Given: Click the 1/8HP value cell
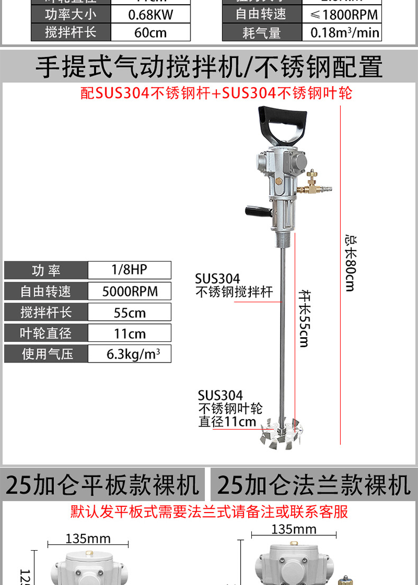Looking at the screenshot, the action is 129,270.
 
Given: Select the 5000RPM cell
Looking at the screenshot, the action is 129,291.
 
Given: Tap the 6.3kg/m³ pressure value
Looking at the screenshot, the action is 129,354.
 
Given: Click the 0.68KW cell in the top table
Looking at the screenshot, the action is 150,14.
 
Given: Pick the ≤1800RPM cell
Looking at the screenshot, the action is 341,14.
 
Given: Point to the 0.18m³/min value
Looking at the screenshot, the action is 341,33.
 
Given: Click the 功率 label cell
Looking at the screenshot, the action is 46,271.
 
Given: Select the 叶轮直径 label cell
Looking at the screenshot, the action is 46,333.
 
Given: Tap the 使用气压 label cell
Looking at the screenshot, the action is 46,354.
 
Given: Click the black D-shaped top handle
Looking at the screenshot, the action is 282,126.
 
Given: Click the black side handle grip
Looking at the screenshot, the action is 258,211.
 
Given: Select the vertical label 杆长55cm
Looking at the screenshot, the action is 304,318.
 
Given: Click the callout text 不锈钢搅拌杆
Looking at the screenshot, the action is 234,292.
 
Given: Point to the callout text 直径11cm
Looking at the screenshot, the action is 227,422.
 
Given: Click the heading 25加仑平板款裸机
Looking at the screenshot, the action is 103,485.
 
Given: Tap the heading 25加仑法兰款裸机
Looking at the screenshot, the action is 314,485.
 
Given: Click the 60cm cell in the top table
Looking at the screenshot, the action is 150,33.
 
